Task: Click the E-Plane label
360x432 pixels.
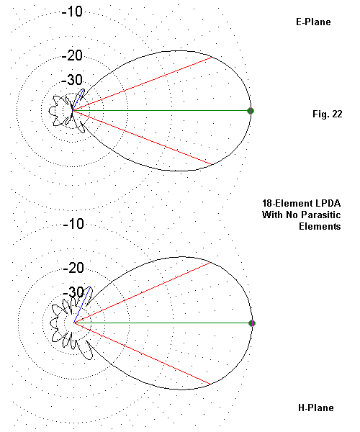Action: pos(313,22)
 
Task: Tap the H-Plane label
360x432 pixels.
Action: pos(316,408)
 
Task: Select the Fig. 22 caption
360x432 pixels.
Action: pos(328,114)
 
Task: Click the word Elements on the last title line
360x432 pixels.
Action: pos(320,226)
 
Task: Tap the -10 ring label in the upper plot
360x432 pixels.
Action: pos(72,12)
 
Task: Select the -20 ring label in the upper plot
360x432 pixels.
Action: pos(72,55)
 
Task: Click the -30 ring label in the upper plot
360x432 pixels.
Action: pos(72,80)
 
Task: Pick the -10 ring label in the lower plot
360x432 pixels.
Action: pos(73,224)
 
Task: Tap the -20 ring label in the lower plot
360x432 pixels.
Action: pos(73,268)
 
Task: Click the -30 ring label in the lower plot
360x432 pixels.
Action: pos(73,292)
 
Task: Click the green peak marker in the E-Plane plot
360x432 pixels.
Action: pos(251,111)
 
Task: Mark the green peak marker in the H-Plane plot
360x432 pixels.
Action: pos(252,323)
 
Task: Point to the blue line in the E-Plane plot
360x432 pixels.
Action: pos(78,100)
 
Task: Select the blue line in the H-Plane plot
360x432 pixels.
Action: pos(82,305)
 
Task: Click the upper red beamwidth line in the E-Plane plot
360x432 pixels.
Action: pos(142,84)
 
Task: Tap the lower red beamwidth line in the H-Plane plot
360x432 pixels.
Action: pos(142,353)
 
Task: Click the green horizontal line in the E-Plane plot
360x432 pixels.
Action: pos(161,110)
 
